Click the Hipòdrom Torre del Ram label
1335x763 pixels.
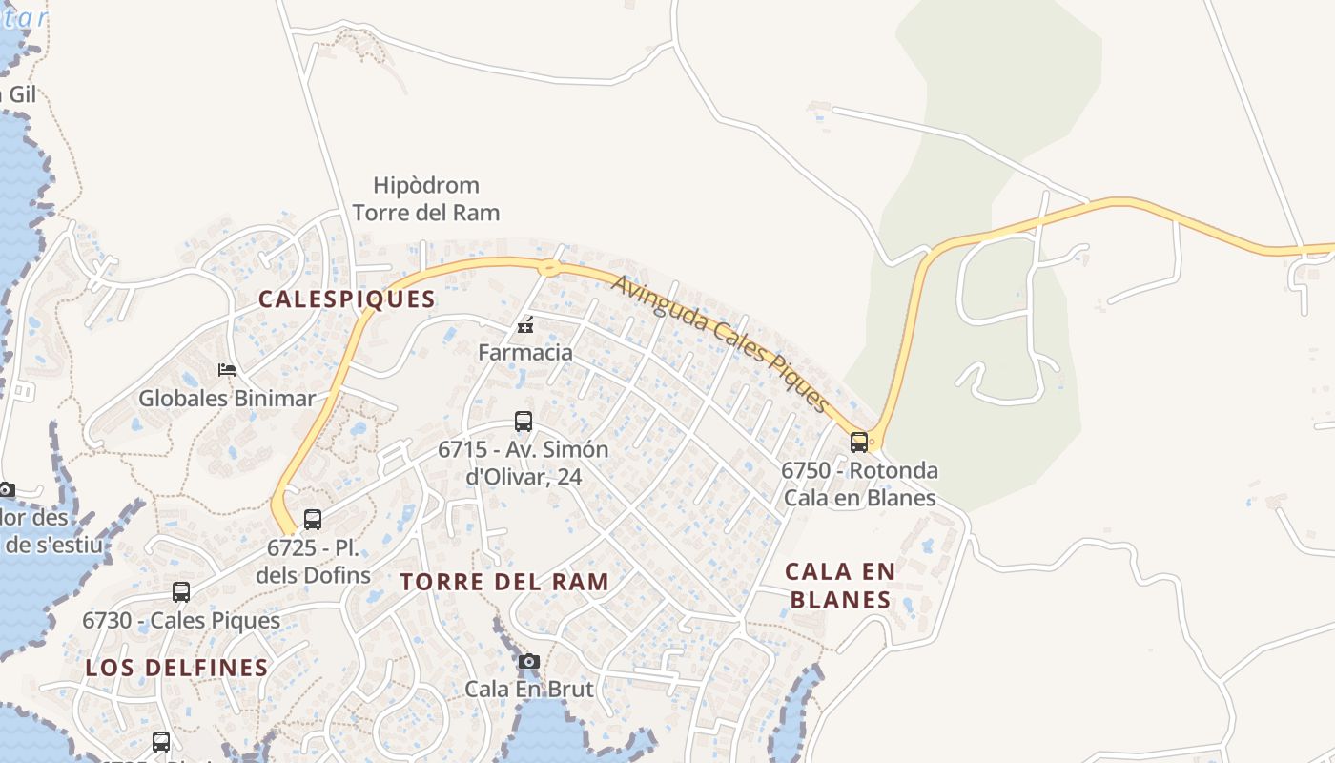pyautogui.click(x=426, y=198)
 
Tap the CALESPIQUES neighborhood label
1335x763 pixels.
pyautogui.click(x=347, y=299)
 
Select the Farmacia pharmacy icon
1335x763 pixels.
pyautogui.click(x=524, y=325)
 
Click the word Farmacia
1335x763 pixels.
pyautogui.click(x=525, y=352)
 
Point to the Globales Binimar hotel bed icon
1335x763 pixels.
pyautogui.click(x=227, y=369)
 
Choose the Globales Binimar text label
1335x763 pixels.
pyautogui.click(x=227, y=398)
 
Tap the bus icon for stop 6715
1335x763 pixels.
pyautogui.click(x=524, y=421)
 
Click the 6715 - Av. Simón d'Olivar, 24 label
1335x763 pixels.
pyautogui.click(x=523, y=463)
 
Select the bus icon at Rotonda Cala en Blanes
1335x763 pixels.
pyautogui.click(x=859, y=442)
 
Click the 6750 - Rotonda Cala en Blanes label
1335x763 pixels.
pyautogui.click(x=859, y=484)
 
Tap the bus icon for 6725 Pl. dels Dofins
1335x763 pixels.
pyautogui.click(x=312, y=520)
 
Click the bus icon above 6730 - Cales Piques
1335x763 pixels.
pyautogui.click(x=181, y=592)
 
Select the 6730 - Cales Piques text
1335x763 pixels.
pyautogui.click(x=181, y=620)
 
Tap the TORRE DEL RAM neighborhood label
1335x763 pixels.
pyautogui.click(x=503, y=582)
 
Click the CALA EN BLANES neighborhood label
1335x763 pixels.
pyautogui.click(x=840, y=586)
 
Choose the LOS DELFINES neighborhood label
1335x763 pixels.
pyautogui.click(x=177, y=668)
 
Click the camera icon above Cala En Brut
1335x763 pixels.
pyautogui.click(x=529, y=661)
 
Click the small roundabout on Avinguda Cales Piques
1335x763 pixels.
pyautogui.click(x=549, y=268)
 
